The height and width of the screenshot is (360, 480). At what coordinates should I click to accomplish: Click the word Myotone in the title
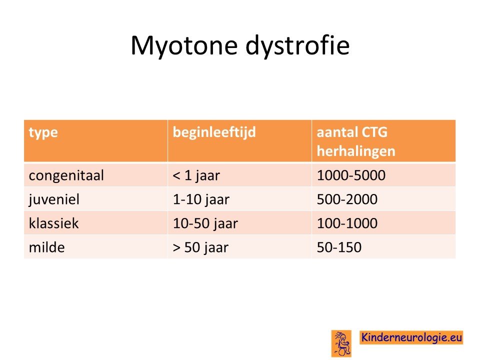tap(184, 46)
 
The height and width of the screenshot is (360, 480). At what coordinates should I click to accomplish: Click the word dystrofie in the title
tap(297, 45)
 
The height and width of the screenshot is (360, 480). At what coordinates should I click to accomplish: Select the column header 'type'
tap(43, 133)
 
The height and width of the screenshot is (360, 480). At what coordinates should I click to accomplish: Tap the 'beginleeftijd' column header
tap(214, 132)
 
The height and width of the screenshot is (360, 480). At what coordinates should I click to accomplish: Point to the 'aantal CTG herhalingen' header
tap(356, 141)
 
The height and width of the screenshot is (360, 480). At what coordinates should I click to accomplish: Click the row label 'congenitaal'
tap(66, 175)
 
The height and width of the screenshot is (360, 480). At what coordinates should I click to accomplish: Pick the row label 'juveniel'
tap(54, 199)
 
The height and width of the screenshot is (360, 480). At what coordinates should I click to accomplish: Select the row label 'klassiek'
tap(53, 223)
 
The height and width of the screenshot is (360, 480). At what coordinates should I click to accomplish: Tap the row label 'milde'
tap(47, 247)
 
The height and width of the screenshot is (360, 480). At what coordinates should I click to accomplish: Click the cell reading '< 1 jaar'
tap(196, 175)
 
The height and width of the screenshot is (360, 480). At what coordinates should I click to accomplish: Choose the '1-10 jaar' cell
tap(201, 199)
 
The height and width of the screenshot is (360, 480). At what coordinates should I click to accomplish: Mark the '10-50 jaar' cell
tap(205, 223)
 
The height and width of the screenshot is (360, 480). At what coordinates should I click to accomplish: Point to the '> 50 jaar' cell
tap(200, 247)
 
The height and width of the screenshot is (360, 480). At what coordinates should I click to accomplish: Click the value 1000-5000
tap(351, 175)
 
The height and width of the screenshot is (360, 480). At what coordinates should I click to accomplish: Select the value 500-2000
tap(347, 199)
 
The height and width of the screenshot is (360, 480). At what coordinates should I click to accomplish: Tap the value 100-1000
tap(347, 223)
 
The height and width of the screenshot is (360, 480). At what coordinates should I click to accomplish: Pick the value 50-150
tap(339, 247)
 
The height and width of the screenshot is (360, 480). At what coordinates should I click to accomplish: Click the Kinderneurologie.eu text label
tap(411, 337)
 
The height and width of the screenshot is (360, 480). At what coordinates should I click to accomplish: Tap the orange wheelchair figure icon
tap(341, 343)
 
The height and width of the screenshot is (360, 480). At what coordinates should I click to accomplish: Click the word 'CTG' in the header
tap(374, 132)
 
